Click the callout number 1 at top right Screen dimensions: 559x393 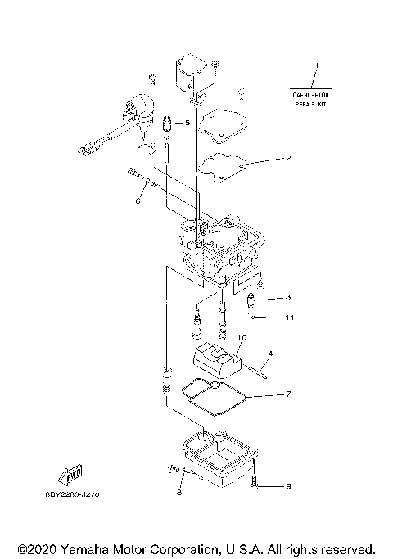pyautogui.click(x=318, y=64)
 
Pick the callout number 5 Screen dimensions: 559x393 pyautogui.click(x=187, y=124)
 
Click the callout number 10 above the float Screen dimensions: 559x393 pyautogui.click(x=242, y=336)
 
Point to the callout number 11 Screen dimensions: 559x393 pyautogui.click(x=289, y=317)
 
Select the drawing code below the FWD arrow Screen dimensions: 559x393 pyautogui.click(x=79, y=494)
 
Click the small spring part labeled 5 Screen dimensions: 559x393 pyautogui.click(x=166, y=124)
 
